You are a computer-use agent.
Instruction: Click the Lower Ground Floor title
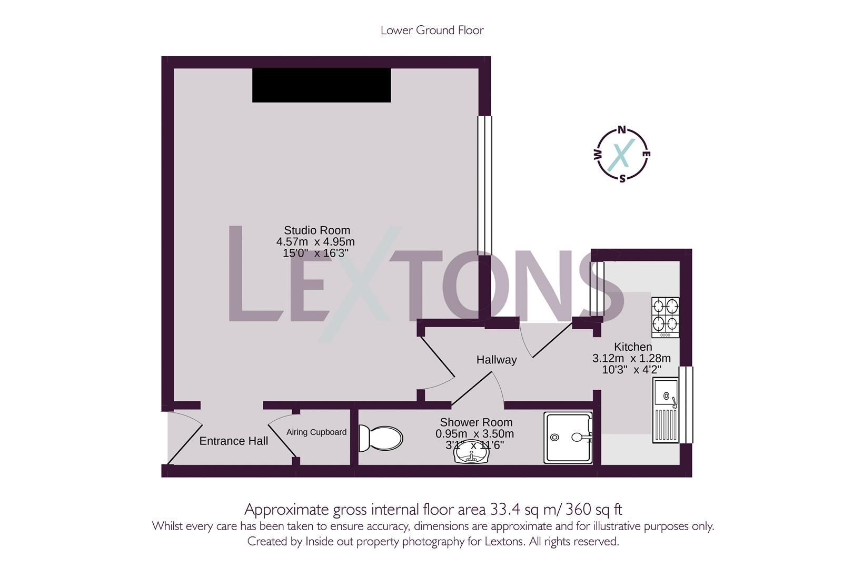[x=432, y=30]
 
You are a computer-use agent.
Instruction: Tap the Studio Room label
[x=316, y=230]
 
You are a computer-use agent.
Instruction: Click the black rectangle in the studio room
[x=321, y=85]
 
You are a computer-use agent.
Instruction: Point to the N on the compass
[x=622, y=130]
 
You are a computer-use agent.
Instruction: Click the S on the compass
[x=622, y=178]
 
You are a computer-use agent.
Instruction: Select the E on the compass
[x=647, y=154]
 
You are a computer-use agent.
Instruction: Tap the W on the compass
[x=597, y=155]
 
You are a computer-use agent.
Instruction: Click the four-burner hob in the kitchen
[x=666, y=317]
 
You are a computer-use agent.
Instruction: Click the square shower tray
[x=568, y=438]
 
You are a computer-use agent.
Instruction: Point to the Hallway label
[x=496, y=360]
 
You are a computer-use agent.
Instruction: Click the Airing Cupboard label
[x=316, y=432]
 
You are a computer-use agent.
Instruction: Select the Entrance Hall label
[x=233, y=441]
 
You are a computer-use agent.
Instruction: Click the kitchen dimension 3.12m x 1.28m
[x=631, y=359]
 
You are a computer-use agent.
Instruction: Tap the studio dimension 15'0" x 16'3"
[x=316, y=253]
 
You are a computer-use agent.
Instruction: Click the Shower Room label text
[x=476, y=422]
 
